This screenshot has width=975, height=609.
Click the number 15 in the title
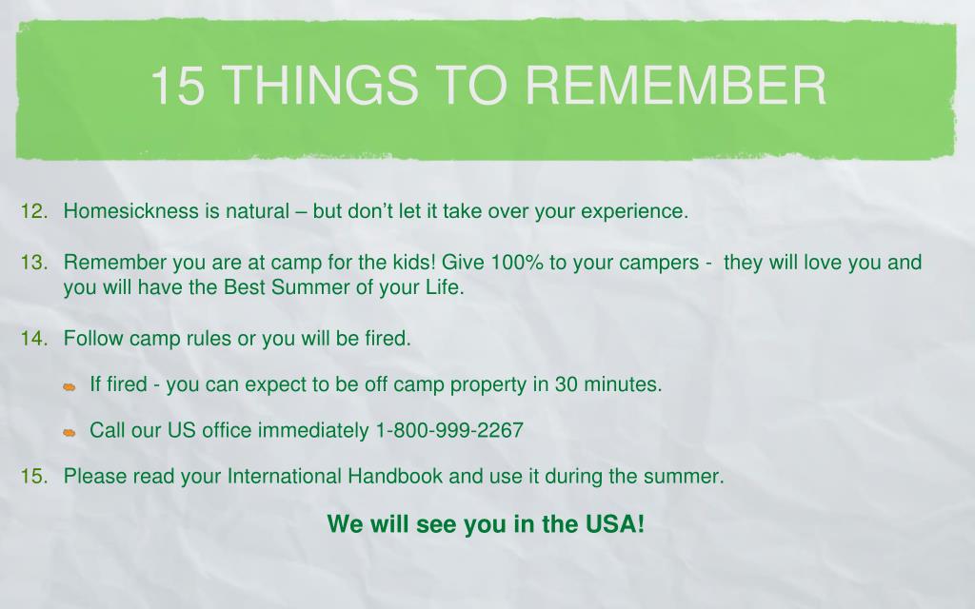tap(177, 85)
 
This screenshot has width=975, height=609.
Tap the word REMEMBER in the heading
tap(676, 85)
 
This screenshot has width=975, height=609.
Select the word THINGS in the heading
tap(320, 85)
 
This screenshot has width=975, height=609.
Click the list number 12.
tap(34, 211)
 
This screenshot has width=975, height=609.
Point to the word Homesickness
tap(131, 211)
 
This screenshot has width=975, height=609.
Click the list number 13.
tap(34, 263)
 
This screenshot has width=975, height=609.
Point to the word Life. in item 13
tap(445, 287)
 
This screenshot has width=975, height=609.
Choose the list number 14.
tap(34, 338)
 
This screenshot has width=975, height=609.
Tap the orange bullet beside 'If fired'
tap(69, 387)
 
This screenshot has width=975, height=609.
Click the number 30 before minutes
tap(567, 384)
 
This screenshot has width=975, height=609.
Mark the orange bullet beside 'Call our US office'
tap(69, 433)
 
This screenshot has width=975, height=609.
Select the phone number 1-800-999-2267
tap(449, 430)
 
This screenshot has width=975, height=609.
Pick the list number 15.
tap(34, 476)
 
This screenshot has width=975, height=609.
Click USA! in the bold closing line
tap(614, 524)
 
